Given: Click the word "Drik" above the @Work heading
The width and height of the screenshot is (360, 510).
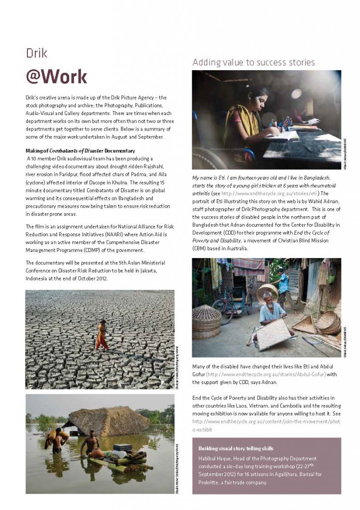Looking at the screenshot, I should [x=37, y=53].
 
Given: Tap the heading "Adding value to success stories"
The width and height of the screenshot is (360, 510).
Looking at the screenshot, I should [x=253, y=62].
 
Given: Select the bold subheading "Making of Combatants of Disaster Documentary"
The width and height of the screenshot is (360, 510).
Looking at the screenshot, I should [x=82, y=150].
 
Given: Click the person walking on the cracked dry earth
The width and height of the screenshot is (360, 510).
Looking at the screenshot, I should [x=102, y=335].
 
